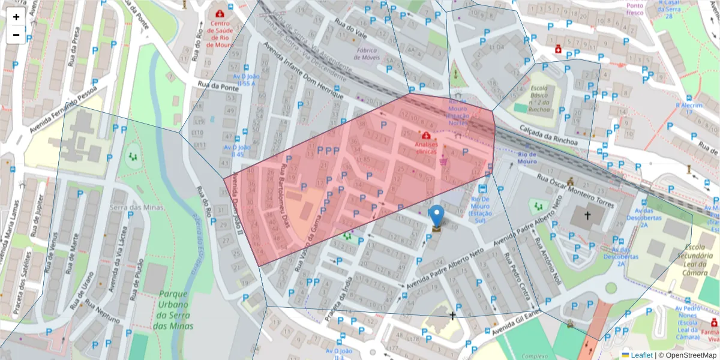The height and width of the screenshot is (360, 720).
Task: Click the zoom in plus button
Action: [16, 17]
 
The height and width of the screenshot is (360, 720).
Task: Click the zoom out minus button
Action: [16, 35]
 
